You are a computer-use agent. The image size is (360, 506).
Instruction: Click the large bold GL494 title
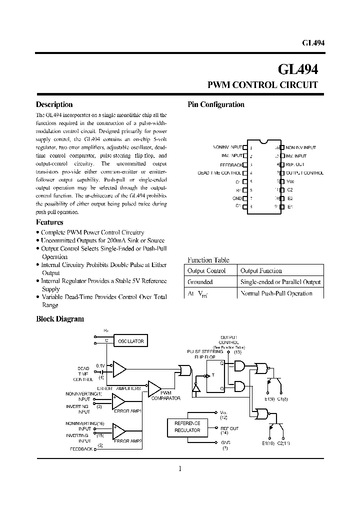298,68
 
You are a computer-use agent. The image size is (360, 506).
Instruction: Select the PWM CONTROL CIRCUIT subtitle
262,85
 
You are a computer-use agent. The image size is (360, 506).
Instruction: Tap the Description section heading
54,104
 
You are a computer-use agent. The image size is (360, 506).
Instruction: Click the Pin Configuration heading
215,104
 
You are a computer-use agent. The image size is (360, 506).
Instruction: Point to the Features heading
49,222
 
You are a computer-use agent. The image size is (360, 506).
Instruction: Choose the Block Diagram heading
60,318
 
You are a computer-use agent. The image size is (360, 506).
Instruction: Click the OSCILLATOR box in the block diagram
130,341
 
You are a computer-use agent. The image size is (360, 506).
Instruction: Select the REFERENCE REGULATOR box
187,426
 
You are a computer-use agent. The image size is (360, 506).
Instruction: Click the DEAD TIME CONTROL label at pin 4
219,173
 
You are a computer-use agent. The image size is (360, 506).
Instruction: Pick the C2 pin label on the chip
290,189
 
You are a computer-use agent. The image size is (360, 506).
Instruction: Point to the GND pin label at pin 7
237,198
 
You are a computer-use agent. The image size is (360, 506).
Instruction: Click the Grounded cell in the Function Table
199,282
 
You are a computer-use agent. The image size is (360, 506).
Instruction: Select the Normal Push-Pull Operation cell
276,293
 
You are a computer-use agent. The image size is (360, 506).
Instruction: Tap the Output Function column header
261,270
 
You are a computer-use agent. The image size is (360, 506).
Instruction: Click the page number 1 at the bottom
179,468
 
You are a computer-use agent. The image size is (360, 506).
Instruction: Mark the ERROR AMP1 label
128,411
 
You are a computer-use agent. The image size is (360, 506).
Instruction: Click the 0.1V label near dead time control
100,365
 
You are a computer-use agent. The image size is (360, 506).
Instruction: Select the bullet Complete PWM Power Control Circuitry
92,232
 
